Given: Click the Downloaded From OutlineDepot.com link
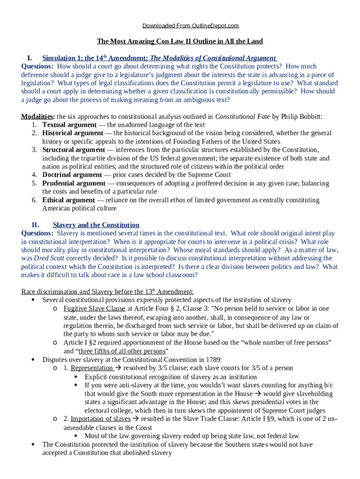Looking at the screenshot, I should [180, 25].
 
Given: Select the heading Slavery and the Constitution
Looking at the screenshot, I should [96, 225].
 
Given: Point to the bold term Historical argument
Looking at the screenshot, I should [72, 133].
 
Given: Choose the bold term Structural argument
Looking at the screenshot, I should [73, 150].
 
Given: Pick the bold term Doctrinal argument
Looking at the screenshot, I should [72, 175].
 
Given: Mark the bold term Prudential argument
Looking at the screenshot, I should [74, 183].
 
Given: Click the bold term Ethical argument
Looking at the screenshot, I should [68, 200].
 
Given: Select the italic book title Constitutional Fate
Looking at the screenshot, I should [242, 116].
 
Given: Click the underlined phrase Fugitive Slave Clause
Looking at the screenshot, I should [94, 309].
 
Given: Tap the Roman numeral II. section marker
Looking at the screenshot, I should [35, 225].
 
